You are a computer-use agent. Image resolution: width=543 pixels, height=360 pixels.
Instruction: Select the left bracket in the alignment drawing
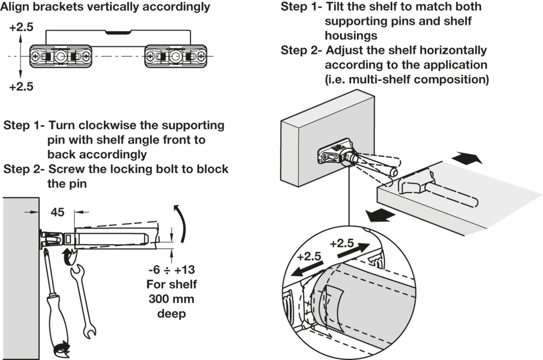60,56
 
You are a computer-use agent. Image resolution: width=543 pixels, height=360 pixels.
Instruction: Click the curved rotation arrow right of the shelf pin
181,225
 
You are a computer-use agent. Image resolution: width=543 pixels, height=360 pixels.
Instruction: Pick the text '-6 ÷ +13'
172,270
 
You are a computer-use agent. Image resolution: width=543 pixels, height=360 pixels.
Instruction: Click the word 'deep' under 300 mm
171,314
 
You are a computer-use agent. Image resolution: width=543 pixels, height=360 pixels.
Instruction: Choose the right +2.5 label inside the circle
342,243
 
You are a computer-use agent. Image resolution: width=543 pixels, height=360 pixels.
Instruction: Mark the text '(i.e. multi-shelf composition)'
406,79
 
